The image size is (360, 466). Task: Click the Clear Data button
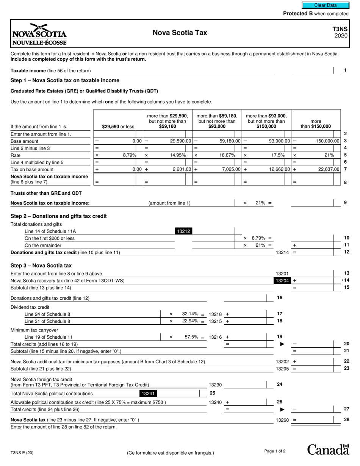325,5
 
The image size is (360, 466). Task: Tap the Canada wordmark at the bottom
328,450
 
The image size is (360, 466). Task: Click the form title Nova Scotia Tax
180,33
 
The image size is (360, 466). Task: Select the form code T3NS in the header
340,29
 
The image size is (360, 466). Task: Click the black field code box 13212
183,231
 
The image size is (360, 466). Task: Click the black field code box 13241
148,394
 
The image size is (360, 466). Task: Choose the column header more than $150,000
316,124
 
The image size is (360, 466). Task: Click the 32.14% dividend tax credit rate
190,314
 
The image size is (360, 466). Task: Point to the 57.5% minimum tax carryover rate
191,337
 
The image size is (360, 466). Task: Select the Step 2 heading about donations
59,216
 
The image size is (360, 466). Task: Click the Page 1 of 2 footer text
275,451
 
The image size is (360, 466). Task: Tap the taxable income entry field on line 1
312,70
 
